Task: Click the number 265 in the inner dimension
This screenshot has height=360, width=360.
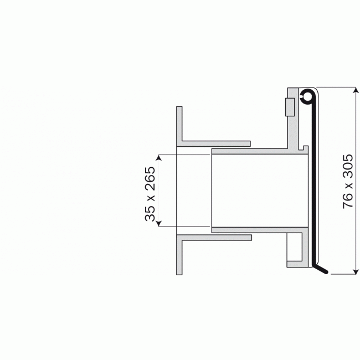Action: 150,178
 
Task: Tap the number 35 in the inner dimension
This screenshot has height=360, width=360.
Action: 150,213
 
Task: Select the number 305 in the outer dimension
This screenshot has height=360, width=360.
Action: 348,166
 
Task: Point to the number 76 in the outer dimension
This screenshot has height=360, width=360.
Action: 348,200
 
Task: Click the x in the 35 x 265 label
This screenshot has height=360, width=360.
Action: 151,198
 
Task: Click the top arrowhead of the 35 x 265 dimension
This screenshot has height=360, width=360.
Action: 159,158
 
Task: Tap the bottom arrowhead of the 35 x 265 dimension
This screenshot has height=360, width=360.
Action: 159,223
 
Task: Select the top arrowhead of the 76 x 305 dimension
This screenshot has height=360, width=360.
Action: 356,90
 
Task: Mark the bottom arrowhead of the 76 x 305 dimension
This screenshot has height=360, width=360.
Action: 356,271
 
